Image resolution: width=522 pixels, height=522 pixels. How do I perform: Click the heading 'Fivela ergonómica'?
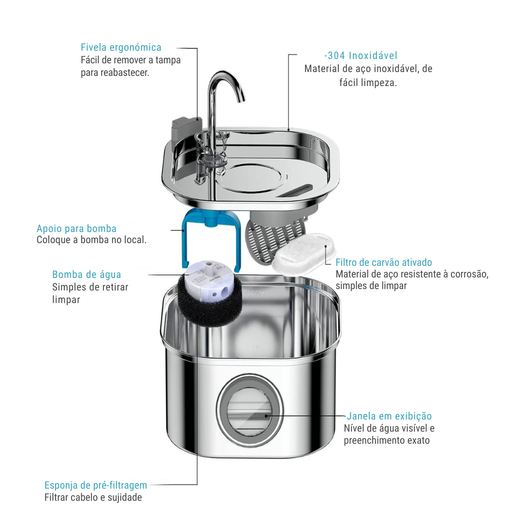coord(121,47)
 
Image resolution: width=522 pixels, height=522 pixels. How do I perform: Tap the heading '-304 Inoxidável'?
coord(361,56)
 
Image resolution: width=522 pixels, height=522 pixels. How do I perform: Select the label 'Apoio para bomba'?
coord(76,229)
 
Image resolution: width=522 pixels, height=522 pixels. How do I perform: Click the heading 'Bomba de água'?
coord(87,275)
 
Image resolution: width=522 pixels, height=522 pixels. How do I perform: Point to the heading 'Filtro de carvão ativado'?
coord(384,262)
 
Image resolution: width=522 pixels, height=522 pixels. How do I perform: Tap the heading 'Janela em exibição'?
coord(389,416)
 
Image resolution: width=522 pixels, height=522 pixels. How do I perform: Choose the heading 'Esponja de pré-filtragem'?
coord(96,485)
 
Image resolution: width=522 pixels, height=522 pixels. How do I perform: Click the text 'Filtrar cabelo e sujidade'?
coord(93,497)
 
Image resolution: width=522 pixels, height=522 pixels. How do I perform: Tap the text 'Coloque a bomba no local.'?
coord(91,240)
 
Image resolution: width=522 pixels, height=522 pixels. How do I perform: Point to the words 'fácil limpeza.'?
coord(368,83)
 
